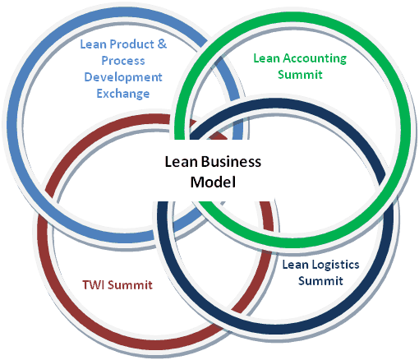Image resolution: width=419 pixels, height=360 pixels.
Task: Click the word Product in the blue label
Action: [131, 44]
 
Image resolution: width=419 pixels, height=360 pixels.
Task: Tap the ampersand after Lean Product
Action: [162, 44]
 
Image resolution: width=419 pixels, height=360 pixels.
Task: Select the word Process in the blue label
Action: [123, 61]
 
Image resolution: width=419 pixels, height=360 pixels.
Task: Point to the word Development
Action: [123, 77]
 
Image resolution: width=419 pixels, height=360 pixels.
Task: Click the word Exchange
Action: [123, 94]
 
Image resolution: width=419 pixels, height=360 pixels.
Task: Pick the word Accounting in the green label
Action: [315, 58]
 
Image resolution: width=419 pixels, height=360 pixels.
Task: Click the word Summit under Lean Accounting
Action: [300, 75]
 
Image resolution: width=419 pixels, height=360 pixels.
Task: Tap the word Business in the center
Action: [231, 162]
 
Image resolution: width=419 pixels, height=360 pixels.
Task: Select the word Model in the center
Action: [213, 182]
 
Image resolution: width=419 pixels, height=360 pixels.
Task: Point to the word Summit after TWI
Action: [130, 285]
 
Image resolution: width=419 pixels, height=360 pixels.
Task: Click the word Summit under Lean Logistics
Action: [320, 281]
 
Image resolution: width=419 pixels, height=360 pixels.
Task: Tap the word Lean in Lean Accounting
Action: [266, 58]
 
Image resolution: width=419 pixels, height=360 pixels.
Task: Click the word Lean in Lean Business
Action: [181, 162]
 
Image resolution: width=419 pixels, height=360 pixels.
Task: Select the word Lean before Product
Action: [93, 44]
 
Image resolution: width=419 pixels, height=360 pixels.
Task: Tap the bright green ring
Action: [405, 129]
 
